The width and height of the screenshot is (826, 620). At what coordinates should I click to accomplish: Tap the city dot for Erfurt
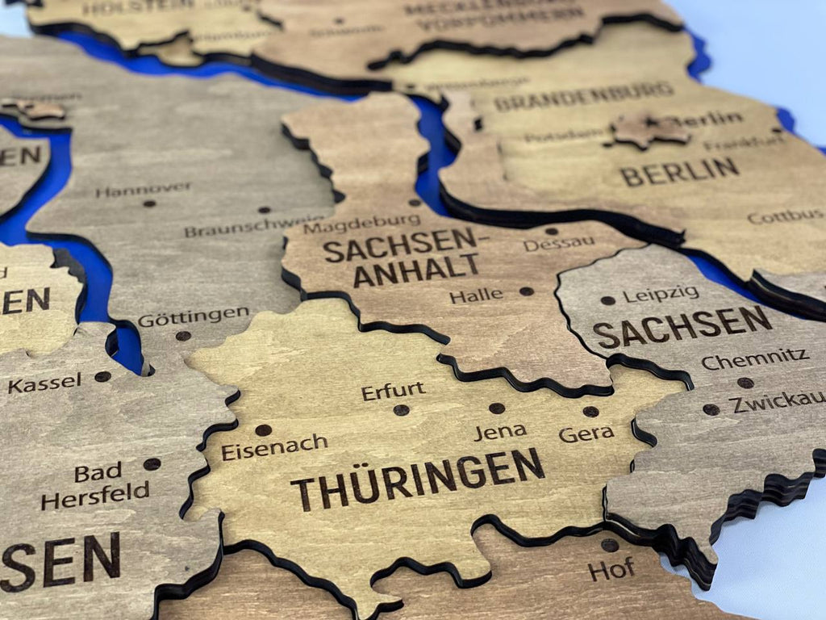[x=401, y=410]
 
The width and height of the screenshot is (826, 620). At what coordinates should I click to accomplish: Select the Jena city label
[x=500, y=432]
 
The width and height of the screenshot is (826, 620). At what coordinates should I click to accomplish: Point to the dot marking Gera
[x=591, y=412]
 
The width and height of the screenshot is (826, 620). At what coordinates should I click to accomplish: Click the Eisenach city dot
[x=263, y=430]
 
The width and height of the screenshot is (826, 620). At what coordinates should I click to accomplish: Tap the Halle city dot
[x=526, y=291]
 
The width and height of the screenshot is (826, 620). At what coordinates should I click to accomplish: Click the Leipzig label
[x=661, y=295]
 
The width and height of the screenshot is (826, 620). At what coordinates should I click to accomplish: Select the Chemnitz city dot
[x=745, y=383]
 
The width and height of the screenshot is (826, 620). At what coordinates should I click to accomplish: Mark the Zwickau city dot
[x=711, y=409]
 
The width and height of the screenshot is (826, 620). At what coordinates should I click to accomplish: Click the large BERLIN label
[x=679, y=171]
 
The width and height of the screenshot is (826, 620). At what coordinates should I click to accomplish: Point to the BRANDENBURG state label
[x=583, y=96]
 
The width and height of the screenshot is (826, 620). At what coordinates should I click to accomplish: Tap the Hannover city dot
[x=149, y=203]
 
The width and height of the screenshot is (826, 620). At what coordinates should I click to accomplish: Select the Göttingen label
[x=193, y=317]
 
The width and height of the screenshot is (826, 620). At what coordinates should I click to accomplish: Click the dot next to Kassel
[x=102, y=376]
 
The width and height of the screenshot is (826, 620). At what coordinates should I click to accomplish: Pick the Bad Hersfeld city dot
[x=152, y=463]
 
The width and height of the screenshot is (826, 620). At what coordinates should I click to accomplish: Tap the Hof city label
[x=611, y=570]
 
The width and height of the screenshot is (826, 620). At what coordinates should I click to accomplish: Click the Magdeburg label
[x=361, y=224]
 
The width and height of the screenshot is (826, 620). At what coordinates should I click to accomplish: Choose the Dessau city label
[x=559, y=243]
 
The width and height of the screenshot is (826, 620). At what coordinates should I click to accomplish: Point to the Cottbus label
[x=785, y=216]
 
